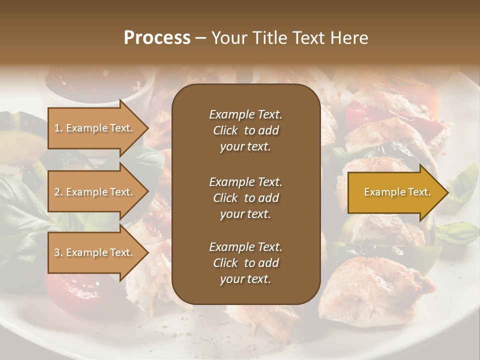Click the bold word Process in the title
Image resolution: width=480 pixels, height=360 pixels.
(157, 38)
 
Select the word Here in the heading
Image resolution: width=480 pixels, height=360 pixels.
(349, 38)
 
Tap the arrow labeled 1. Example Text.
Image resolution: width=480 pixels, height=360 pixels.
(95, 128)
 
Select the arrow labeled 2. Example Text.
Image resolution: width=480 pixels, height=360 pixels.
(95, 192)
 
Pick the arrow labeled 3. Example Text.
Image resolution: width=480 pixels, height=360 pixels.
(95, 252)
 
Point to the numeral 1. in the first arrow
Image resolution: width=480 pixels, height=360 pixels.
(58, 128)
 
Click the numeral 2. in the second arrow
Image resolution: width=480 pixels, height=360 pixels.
(58, 192)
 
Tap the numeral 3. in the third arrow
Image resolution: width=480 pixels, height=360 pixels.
(58, 252)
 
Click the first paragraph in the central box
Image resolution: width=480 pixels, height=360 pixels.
(245, 130)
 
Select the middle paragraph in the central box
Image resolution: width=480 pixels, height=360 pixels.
(245, 197)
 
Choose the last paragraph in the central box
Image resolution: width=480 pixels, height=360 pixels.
(245, 263)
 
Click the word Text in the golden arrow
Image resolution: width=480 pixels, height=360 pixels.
(418, 192)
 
